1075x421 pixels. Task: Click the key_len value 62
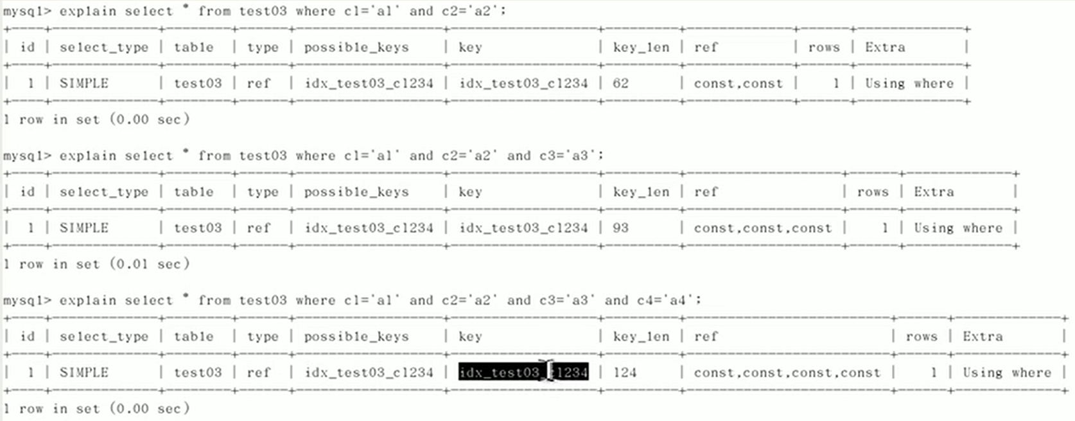pyautogui.click(x=620, y=83)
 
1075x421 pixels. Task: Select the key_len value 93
pyautogui.click(x=620, y=228)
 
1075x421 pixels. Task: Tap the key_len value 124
pyautogui.click(x=625, y=372)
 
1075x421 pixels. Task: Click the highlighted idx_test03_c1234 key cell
pyautogui.click(x=523, y=372)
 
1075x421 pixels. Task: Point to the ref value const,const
pyautogui.click(x=738, y=84)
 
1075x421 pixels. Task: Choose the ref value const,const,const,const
pyautogui.click(x=787, y=373)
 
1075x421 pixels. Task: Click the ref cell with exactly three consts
pyautogui.click(x=762, y=228)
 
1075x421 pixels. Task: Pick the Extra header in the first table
pyautogui.click(x=885, y=47)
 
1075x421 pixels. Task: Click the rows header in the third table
pyautogui.click(x=922, y=336)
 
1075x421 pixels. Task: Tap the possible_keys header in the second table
pyautogui.click(x=356, y=192)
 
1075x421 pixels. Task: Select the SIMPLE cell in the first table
pyautogui.click(x=84, y=83)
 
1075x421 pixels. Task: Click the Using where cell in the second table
pyautogui.click(x=958, y=228)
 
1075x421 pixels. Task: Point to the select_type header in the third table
pyautogui.click(x=103, y=336)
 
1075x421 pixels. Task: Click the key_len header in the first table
pyautogui.click(x=641, y=47)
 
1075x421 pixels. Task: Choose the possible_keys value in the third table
pyautogui.click(x=369, y=372)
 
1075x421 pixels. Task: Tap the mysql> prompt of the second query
pyautogui.click(x=27, y=156)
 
